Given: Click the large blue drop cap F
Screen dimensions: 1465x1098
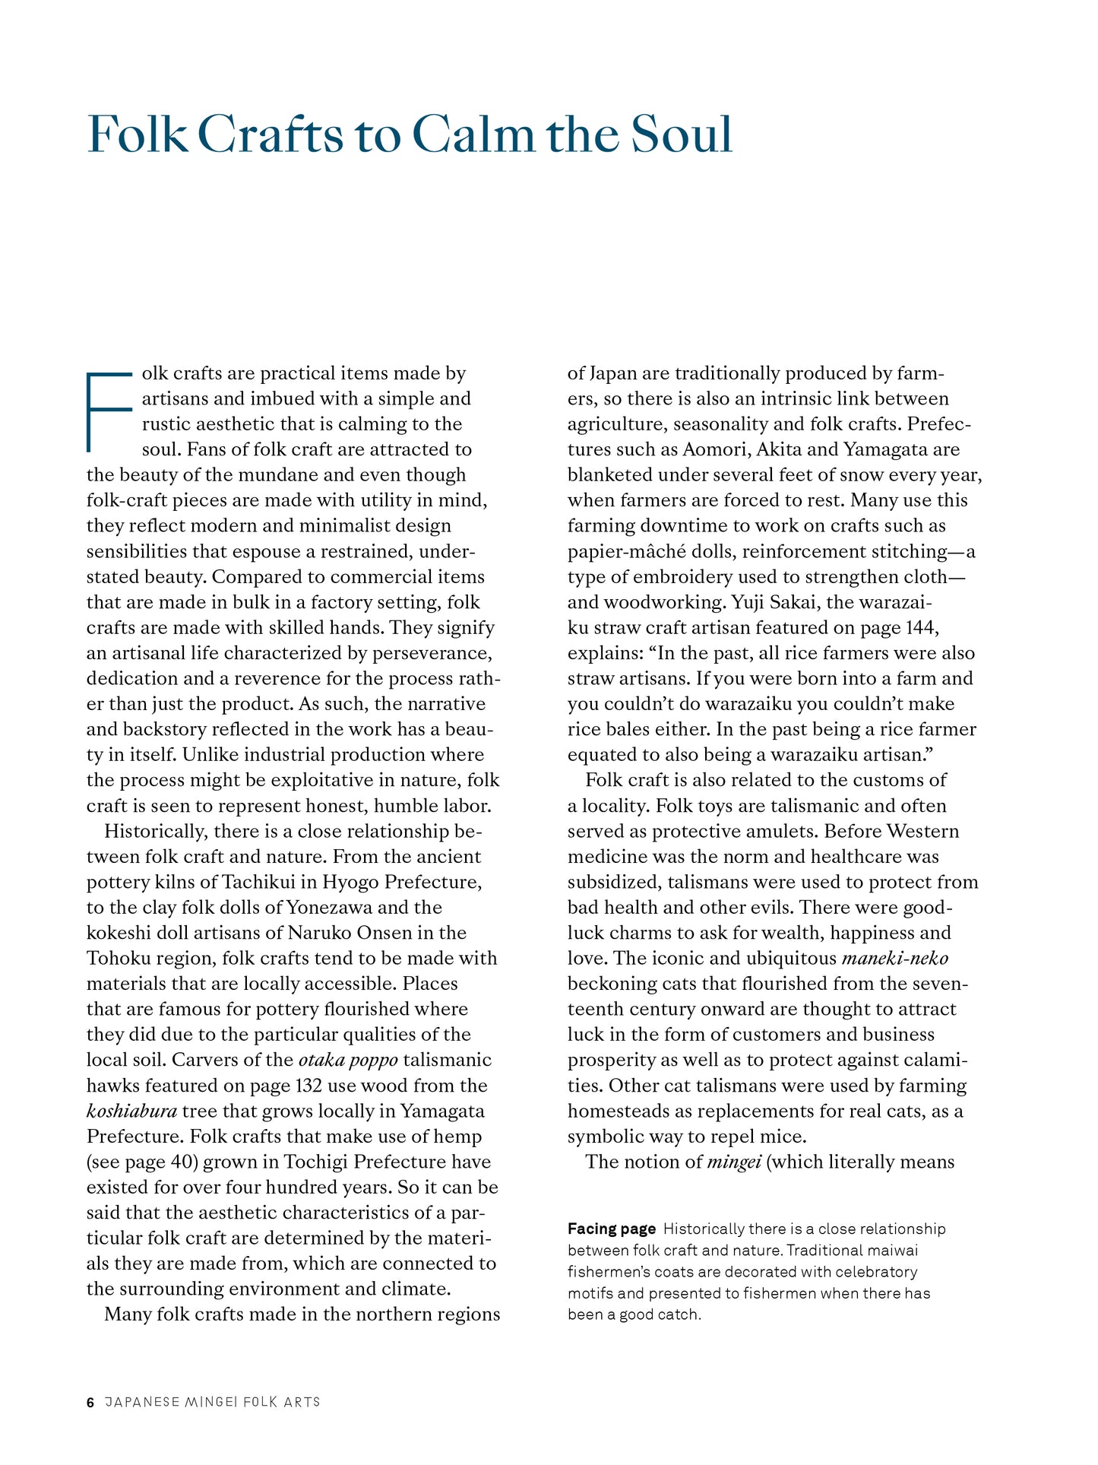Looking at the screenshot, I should (109, 411).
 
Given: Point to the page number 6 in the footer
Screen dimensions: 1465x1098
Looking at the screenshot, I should (90, 1402).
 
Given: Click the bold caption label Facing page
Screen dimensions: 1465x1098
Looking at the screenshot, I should (611, 1229).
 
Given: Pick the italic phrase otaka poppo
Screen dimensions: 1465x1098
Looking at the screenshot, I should (348, 1060).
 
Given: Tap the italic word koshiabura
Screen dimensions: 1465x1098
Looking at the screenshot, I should (131, 1111).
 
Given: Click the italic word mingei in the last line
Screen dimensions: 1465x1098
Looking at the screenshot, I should (734, 1162).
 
